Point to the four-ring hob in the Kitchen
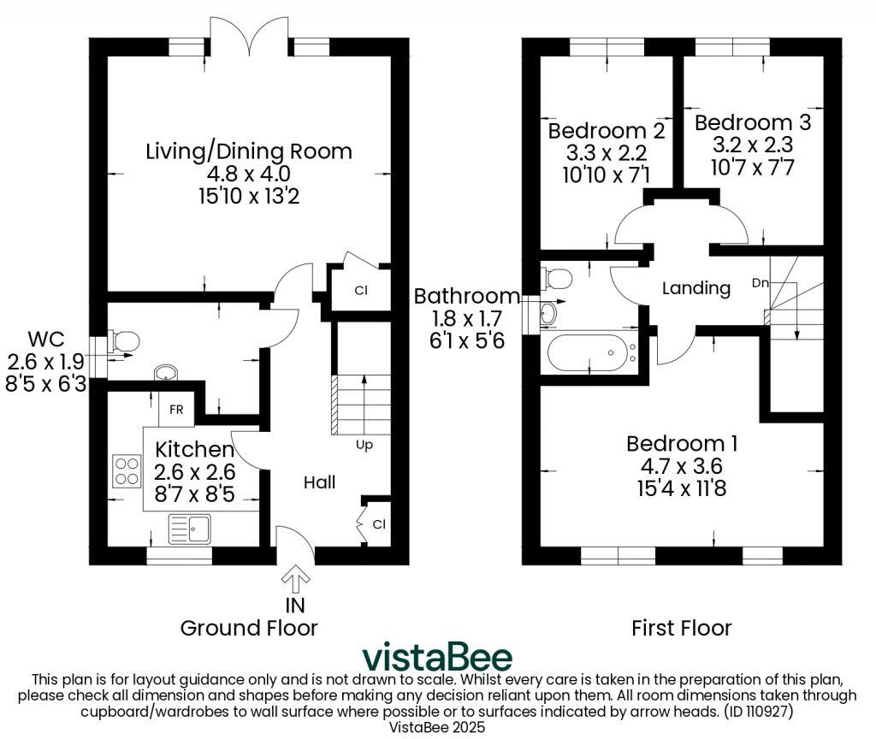pyautogui.click(x=127, y=470)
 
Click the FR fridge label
pyautogui.click(x=176, y=410)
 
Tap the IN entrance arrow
pyautogui.click(x=296, y=580)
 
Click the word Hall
pyautogui.click(x=319, y=482)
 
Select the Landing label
pyautogui.click(x=696, y=288)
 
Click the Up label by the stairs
pyautogui.click(x=364, y=445)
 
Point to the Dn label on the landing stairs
pyautogui.click(x=760, y=282)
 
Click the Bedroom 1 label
pyautogui.click(x=682, y=444)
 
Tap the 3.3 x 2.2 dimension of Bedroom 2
pyautogui.click(x=606, y=153)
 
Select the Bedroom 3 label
pyautogui.click(x=752, y=122)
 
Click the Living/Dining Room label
pyautogui.click(x=249, y=151)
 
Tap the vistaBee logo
pyautogui.click(x=437, y=657)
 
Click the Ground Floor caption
pyautogui.click(x=248, y=628)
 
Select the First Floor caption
pyautogui.click(x=681, y=629)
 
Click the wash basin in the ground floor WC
pyautogui.click(x=166, y=374)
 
